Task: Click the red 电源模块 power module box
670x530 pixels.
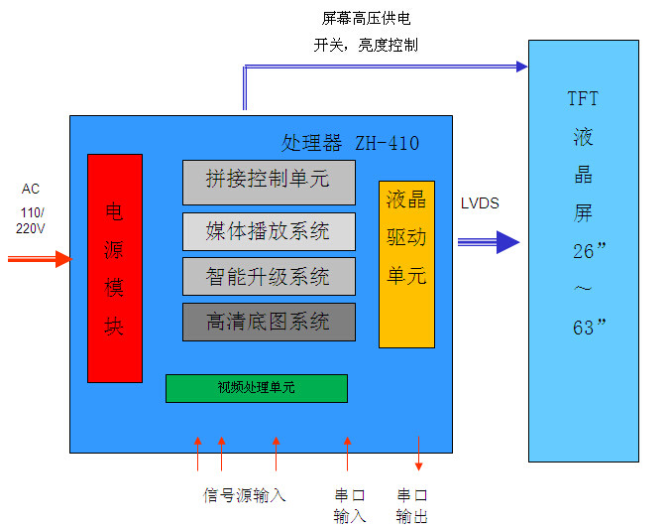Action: [115, 268]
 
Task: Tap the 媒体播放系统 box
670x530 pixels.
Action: [269, 231]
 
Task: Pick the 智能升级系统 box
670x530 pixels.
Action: [269, 276]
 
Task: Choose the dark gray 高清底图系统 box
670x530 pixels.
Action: [269, 322]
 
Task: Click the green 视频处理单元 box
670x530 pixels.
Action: [256, 388]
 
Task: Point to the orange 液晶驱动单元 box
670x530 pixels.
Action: [406, 264]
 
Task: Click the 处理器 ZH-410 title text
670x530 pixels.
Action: [350, 144]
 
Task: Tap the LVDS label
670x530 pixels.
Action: [480, 203]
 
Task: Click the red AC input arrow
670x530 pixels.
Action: [40, 259]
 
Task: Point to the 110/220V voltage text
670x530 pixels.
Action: [30, 220]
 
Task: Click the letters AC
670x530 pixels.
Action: [31, 189]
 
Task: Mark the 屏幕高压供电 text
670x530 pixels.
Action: [366, 19]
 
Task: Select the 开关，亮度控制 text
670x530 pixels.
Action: [366, 45]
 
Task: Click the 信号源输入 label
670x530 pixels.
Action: [245, 495]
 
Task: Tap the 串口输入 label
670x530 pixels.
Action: [350, 505]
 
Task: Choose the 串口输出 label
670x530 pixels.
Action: [412, 505]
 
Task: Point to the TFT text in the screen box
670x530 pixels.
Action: [583, 99]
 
